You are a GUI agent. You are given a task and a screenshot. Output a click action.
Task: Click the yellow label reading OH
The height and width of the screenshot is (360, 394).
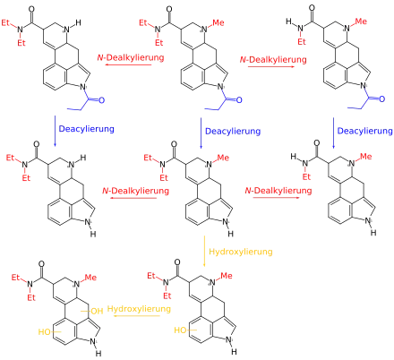click(x=97, y=312)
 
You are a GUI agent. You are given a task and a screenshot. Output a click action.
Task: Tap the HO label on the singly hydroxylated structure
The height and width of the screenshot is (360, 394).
click(x=180, y=330)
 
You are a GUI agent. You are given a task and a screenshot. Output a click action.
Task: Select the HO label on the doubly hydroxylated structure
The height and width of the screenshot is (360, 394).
click(x=45, y=331)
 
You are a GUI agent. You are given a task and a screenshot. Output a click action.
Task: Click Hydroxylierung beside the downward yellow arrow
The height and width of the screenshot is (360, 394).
click(x=241, y=252)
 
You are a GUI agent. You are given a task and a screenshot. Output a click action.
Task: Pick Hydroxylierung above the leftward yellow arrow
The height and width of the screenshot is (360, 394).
click(x=139, y=308)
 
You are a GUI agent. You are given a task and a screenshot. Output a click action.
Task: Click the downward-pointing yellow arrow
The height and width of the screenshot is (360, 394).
click(x=204, y=251)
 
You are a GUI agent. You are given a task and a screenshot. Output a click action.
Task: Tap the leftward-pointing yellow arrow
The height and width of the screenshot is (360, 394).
click(x=137, y=316)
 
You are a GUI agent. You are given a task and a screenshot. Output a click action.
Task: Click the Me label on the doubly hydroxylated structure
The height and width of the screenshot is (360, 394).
click(x=90, y=278)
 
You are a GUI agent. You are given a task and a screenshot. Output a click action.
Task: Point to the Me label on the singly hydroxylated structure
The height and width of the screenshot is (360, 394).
click(x=227, y=276)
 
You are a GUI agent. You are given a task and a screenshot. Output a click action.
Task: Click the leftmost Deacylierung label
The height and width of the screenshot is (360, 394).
click(x=87, y=129)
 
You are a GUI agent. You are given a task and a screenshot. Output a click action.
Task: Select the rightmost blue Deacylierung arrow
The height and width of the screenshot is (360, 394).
click(x=333, y=133)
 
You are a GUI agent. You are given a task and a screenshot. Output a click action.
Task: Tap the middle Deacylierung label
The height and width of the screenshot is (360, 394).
click(x=233, y=131)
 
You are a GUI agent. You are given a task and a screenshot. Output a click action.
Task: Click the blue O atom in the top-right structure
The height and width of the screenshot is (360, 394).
click(x=381, y=99)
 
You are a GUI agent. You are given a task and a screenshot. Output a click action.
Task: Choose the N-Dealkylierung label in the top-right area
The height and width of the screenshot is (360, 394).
click(x=273, y=60)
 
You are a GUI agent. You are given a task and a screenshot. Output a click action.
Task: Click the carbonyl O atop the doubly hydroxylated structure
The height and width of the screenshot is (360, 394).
click(x=41, y=264)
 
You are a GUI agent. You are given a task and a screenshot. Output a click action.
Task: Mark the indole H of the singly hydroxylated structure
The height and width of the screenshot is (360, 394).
click(x=234, y=352)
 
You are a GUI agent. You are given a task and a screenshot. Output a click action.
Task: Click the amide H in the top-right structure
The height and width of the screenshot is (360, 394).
click(x=288, y=21)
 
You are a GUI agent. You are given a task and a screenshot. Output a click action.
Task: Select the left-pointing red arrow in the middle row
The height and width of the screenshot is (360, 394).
click(x=133, y=198)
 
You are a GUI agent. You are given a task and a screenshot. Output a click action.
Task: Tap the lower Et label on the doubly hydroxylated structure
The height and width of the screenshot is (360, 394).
click(x=31, y=297)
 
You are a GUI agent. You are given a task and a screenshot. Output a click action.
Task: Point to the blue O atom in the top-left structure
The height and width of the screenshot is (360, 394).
click(x=101, y=100)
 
